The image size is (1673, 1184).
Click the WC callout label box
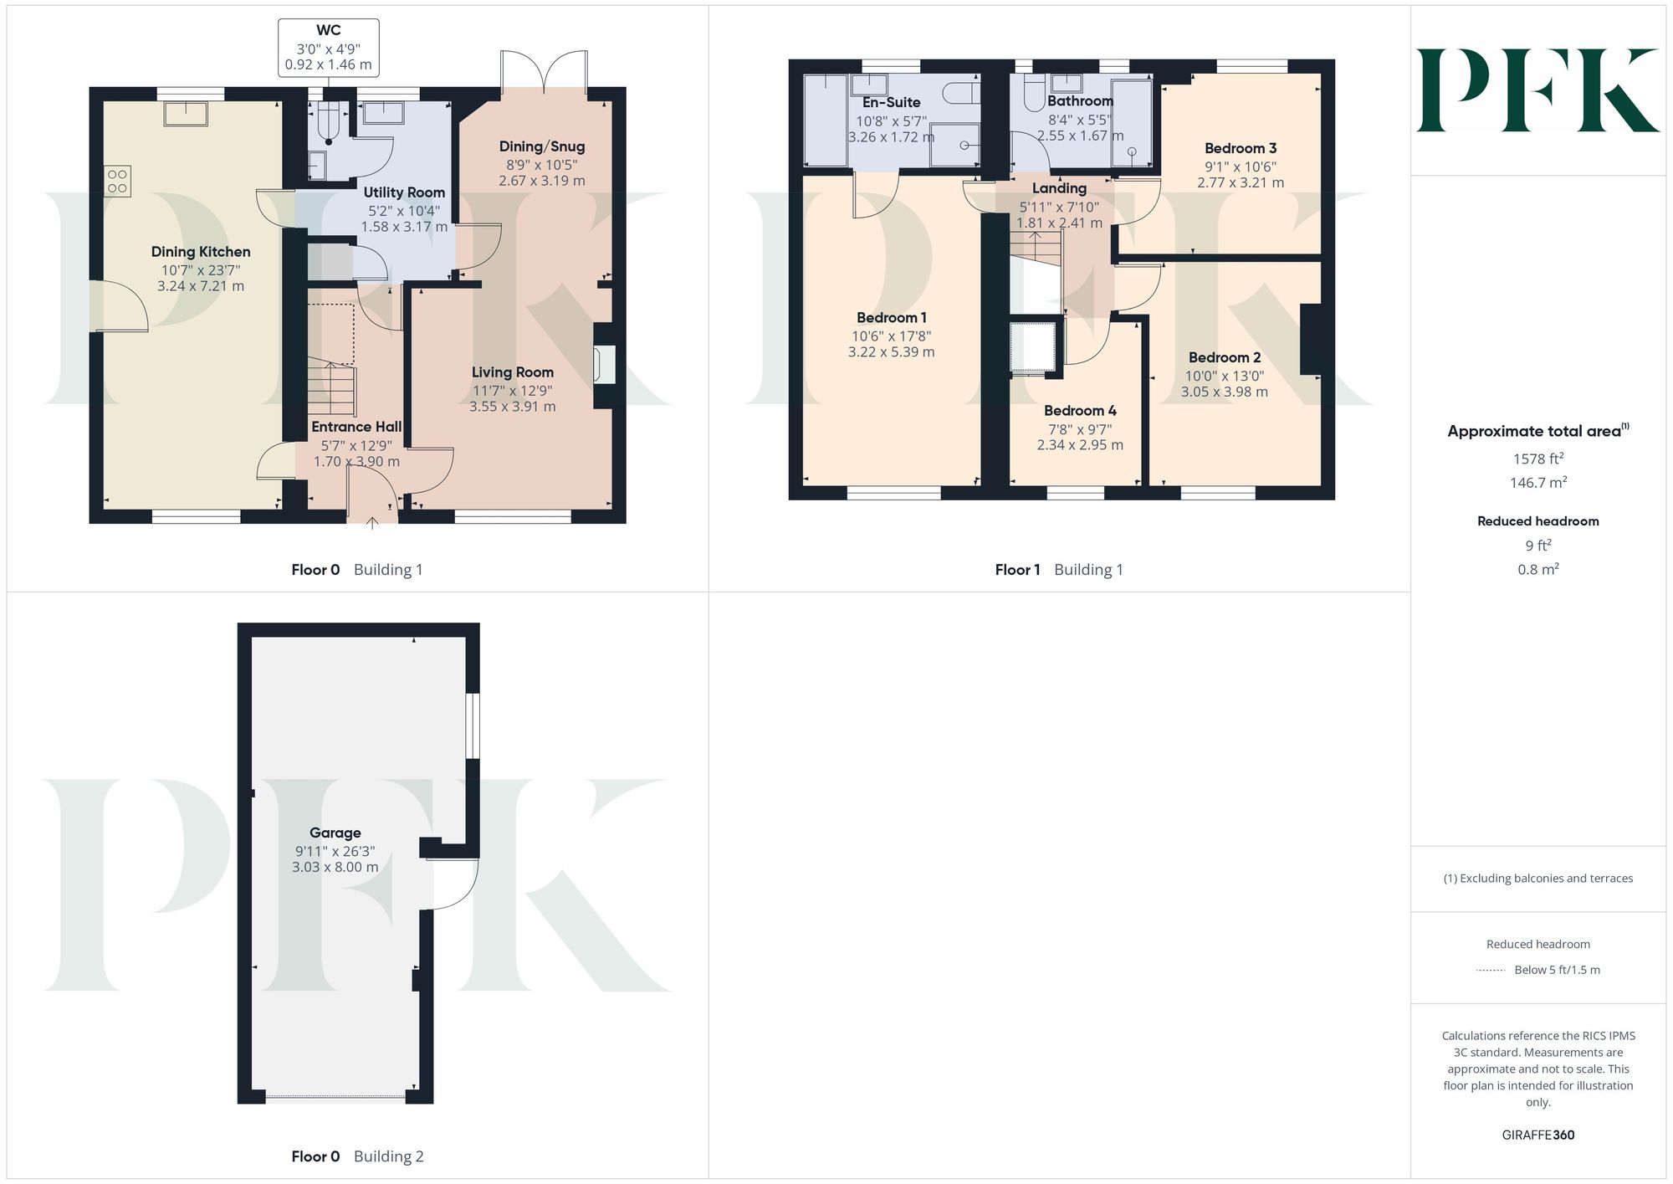click(x=328, y=48)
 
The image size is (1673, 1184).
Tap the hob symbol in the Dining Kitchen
click(x=117, y=182)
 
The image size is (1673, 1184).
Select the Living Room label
click(x=512, y=372)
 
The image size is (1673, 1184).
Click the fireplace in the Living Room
click(x=604, y=365)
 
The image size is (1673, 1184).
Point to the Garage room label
click(x=335, y=833)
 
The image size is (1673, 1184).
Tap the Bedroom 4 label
click(x=1080, y=411)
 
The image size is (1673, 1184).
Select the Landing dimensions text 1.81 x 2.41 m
click(x=1059, y=223)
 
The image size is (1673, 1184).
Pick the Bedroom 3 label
click(x=1241, y=148)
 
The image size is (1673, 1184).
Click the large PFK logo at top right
click(x=1537, y=90)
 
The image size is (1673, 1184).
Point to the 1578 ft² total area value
click(x=1538, y=459)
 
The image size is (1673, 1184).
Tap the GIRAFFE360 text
click(x=1538, y=1135)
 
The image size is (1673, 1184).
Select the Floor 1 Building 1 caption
click(x=1059, y=570)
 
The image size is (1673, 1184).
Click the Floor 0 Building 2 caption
click(x=357, y=1156)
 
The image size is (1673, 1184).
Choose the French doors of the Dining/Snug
click(x=544, y=73)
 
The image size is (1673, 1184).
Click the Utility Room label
click(x=404, y=192)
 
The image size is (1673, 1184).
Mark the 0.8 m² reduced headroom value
click(x=1538, y=569)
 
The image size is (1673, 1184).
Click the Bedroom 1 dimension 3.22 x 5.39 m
click(x=891, y=352)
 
